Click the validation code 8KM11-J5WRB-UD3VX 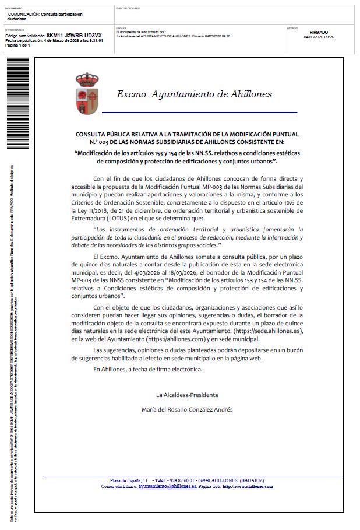pyautogui.click(x=74, y=36)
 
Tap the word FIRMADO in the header pyautogui.click(x=319, y=33)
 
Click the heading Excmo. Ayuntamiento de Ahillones pyautogui.click(x=194, y=94)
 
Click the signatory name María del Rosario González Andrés pyautogui.click(x=187, y=409)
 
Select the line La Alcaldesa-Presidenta pyautogui.click(x=187, y=395)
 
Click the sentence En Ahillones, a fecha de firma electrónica pyautogui.click(x=147, y=370)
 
